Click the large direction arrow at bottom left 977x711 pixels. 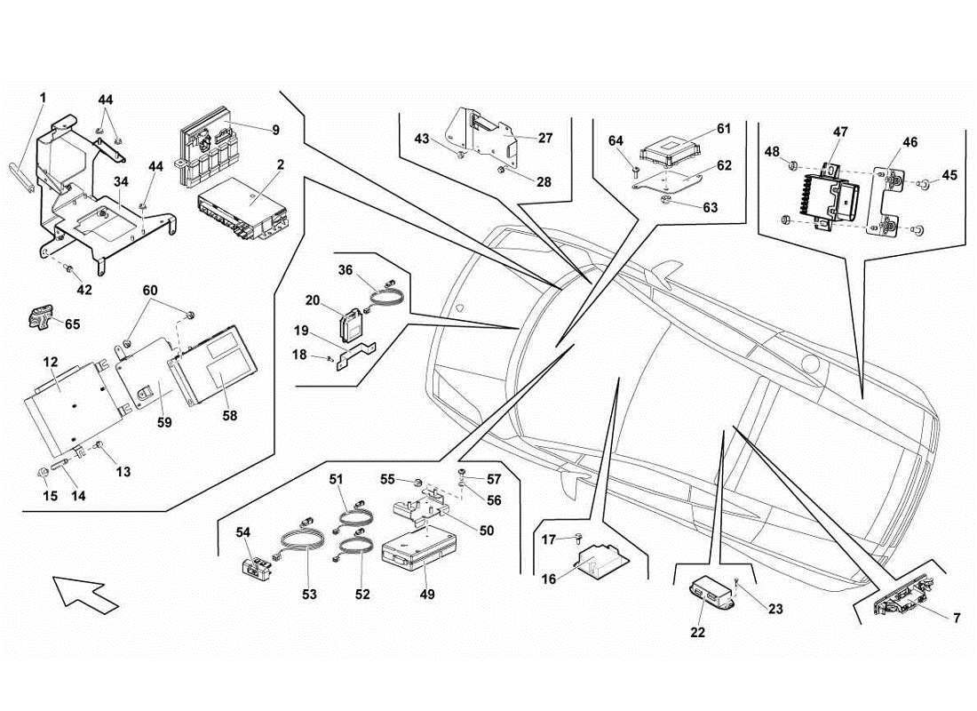84,592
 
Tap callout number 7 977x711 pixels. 955,618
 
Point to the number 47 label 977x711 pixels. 840,132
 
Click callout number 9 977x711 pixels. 275,130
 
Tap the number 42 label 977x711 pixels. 83,289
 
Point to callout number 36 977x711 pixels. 346,270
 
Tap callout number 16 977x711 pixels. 548,579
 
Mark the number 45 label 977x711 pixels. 949,175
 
